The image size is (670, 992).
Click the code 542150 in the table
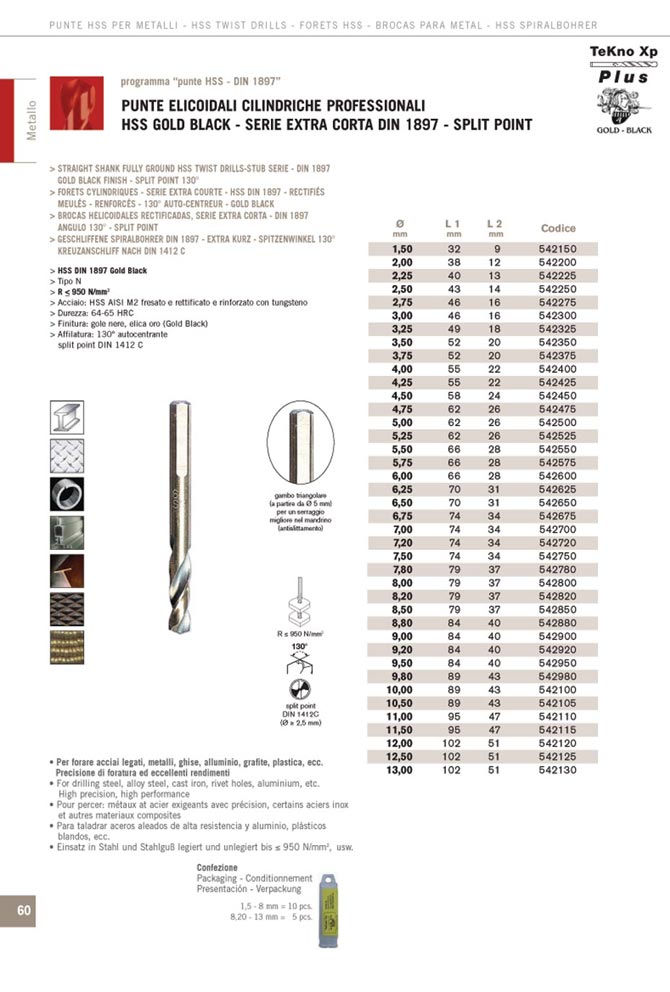pyautogui.click(x=557, y=248)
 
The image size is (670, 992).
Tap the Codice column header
pyautogui.click(x=558, y=228)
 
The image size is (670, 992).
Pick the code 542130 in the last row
pyautogui.click(x=557, y=770)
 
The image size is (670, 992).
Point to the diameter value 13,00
pyautogui.click(x=400, y=770)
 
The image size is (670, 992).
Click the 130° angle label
pyautogui.click(x=298, y=647)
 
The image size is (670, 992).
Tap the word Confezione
pyautogui.click(x=217, y=867)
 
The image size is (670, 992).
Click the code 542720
pyautogui.click(x=557, y=540)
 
